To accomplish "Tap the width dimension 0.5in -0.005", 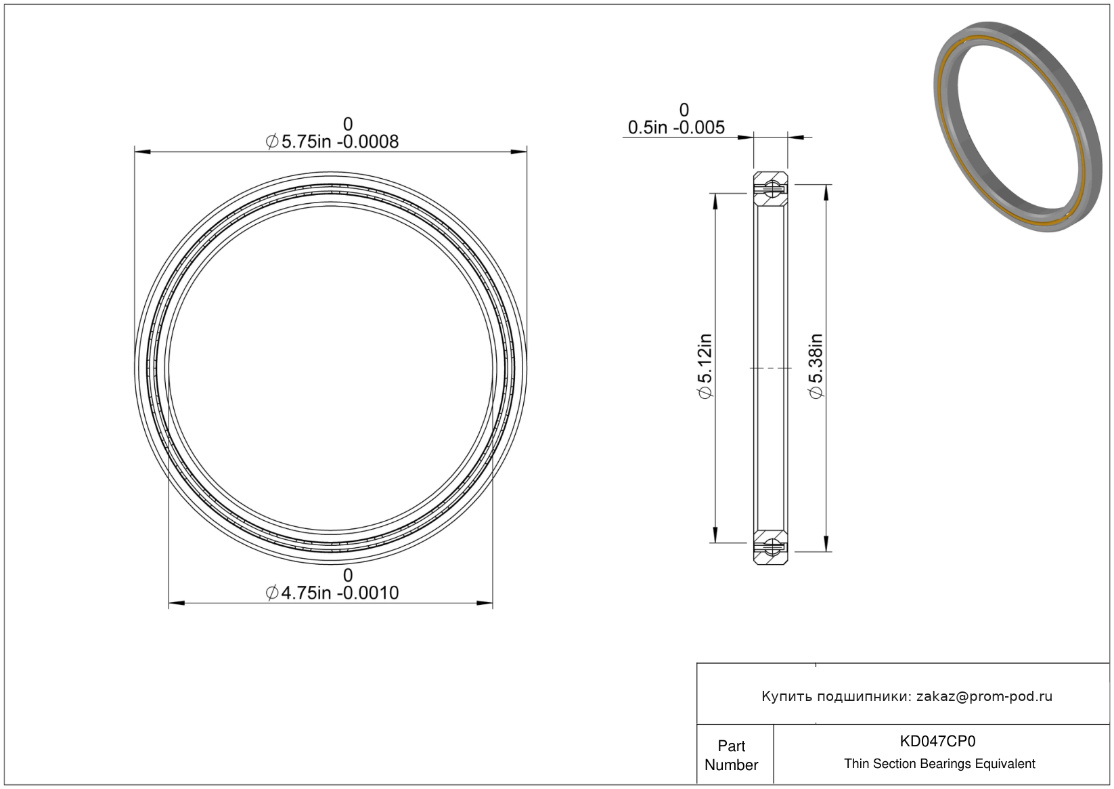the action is (x=676, y=127).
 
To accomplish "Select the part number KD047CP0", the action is (x=937, y=741).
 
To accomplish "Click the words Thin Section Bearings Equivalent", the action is (x=939, y=764).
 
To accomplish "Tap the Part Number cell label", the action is (x=731, y=755).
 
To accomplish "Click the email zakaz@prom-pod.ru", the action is (x=984, y=696).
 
